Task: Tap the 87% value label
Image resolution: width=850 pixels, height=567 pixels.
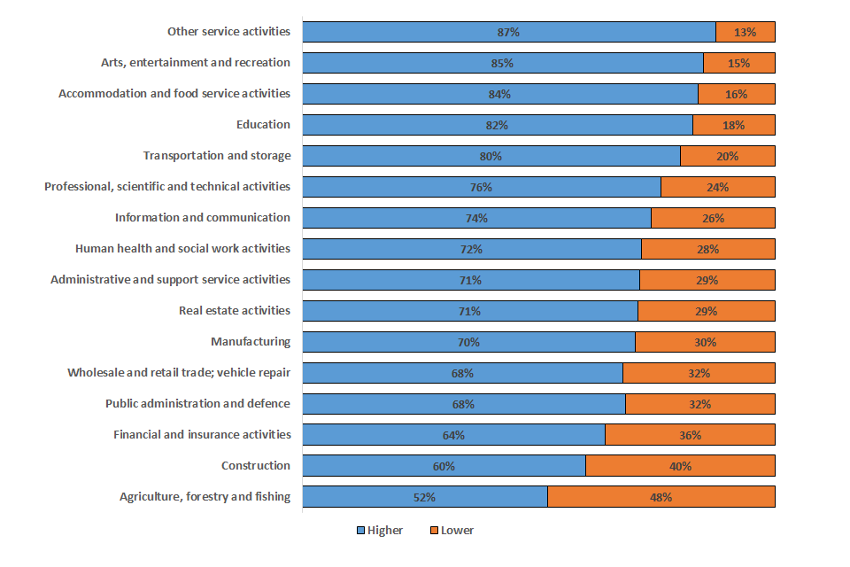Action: coord(508,32)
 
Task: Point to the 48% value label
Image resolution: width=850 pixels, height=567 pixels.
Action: coord(661,497)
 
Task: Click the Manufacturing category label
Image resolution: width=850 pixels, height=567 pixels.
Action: coord(251,342)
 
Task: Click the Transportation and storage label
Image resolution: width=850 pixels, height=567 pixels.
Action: coord(217,156)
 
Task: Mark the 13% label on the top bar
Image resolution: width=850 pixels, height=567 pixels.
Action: coord(745,32)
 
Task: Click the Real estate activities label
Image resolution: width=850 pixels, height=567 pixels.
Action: coord(235,311)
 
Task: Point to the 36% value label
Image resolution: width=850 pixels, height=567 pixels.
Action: coord(691,435)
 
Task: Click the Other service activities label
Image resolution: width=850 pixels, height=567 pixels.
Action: coord(228,32)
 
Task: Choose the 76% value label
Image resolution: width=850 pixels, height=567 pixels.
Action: coord(481,187)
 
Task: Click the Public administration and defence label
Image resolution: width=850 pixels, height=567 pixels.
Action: coord(197,404)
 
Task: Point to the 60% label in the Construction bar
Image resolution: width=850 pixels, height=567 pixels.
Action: coord(444,466)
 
